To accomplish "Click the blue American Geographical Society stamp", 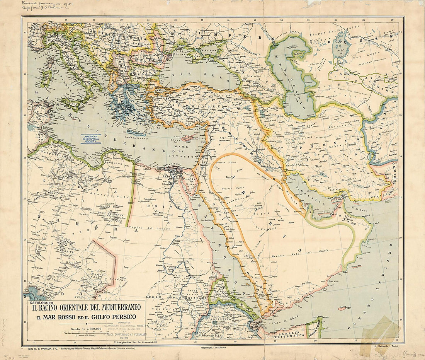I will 91,139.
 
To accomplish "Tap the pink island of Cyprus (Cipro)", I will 186,138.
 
